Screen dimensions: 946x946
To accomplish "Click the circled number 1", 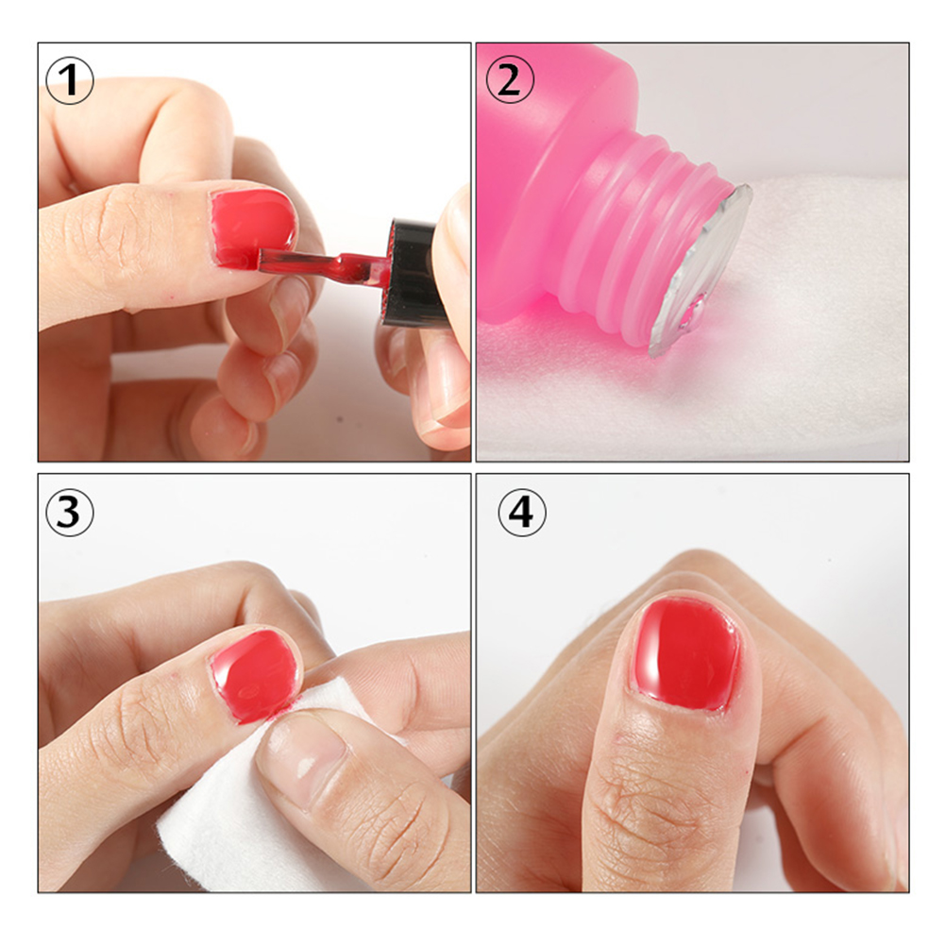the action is tap(69, 80).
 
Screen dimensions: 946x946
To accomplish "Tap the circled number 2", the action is tap(509, 80).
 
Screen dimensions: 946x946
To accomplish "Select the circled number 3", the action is tap(69, 513).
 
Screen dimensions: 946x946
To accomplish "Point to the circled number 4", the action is tap(522, 513).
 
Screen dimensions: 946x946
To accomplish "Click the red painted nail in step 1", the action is tap(252, 227).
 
